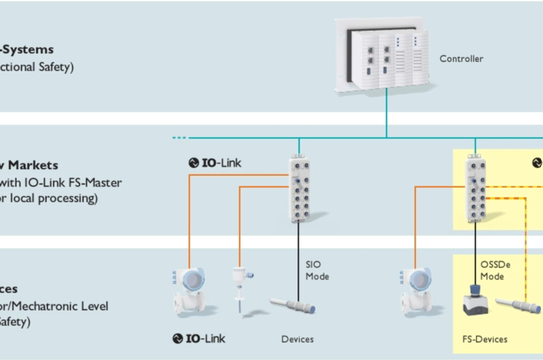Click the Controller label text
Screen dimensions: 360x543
pos(461,59)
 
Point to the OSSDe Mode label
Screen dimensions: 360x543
pos(496,270)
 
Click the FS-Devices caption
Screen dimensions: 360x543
pos(485,339)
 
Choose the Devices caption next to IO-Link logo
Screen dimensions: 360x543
pos(297,339)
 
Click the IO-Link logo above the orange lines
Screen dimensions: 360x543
pos(216,163)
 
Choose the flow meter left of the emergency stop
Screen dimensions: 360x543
pos(415,292)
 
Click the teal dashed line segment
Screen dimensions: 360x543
pos(180,138)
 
